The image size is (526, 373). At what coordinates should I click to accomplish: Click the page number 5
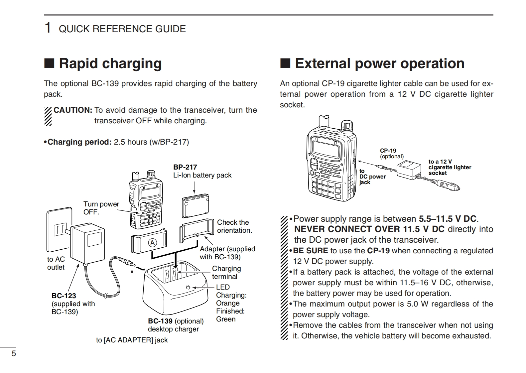(x=14, y=353)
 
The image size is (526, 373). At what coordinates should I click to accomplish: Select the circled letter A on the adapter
(x=152, y=243)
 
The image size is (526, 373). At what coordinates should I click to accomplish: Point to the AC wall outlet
(x=59, y=229)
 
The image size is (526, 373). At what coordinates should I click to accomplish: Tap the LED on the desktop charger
(x=188, y=287)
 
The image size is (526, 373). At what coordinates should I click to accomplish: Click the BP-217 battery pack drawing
(x=196, y=206)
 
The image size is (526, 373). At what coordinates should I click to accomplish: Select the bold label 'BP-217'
(x=185, y=167)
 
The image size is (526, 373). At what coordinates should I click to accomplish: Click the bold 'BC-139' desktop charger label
(x=160, y=321)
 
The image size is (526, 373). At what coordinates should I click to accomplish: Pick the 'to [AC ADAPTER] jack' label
(x=132, y=340)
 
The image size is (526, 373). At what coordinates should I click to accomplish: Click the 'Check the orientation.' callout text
(x=234, y=226)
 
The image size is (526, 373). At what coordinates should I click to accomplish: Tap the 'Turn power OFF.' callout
(x=101, y=208)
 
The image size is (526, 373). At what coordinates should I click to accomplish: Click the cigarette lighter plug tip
(x=457, y=188)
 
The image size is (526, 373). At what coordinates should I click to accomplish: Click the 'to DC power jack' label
(x=372, y=177)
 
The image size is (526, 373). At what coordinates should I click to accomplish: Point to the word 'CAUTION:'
(x=73, y=110)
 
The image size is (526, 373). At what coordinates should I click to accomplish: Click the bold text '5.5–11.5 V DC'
(x=448, y=219)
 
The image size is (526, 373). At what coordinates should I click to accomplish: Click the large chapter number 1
(x=48, y=28)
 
